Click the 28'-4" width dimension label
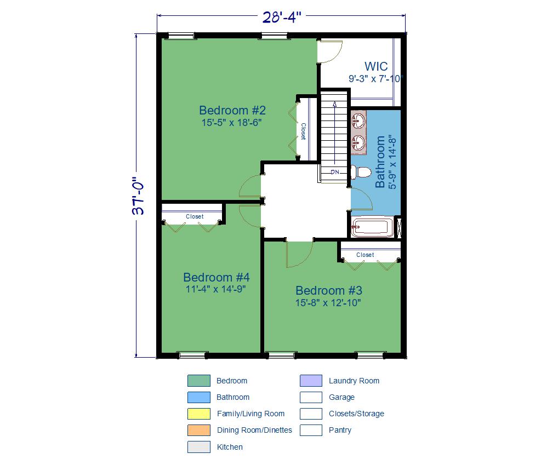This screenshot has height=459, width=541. coord(282,17)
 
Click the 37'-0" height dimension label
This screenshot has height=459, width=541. coord(138,196)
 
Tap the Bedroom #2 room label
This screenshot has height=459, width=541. coord(232,110)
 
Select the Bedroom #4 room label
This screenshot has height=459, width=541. coord(217,277)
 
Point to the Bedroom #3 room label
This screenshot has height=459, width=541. coord(329,290)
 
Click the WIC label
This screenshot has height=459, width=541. coord(376,66)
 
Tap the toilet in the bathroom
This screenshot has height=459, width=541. coord(361,172)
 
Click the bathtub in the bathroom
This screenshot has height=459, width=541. coord(372,227)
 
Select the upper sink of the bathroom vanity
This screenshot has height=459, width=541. coord(359,121)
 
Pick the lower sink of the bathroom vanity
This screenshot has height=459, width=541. coord(359,142)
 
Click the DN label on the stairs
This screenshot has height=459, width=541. coord(335,172)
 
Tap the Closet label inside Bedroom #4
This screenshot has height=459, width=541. coord(195,216)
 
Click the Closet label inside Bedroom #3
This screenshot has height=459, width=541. coord(365,255)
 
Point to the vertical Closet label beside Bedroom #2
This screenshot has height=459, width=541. coord(303,131)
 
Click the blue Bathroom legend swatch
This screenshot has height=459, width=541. coord(199,397)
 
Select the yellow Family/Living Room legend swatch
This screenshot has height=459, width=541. coord(199,414)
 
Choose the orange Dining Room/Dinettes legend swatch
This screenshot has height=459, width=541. coord(199,431)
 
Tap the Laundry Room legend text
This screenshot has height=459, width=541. coord(354,381)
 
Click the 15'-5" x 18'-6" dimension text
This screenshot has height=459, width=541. coord(231,123)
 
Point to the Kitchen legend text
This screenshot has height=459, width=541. coord(230,447)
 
